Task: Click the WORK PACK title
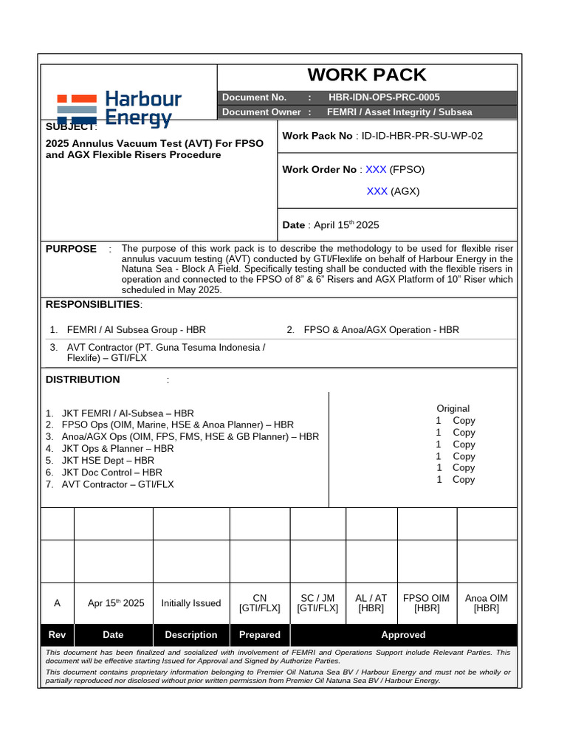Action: pos(367,75)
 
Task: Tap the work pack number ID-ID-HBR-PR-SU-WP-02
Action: pos(422,136)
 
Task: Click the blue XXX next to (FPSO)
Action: pos(376,169)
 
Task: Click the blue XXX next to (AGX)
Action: pos(377,191)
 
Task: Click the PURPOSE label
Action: pos(71,249)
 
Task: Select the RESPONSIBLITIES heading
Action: pos(93,305)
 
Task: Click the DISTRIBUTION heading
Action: pos(83,379)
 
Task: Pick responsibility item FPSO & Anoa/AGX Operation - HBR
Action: pos(381,330)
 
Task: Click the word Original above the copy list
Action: pos(453,408)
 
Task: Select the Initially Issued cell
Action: pos(191,603)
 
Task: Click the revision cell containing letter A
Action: pos(58,603)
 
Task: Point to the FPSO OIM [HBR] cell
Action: pos(426,603)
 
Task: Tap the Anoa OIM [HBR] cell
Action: pos(486,603)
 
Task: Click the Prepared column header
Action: pos(260,635)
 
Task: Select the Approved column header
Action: pos(403,635)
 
